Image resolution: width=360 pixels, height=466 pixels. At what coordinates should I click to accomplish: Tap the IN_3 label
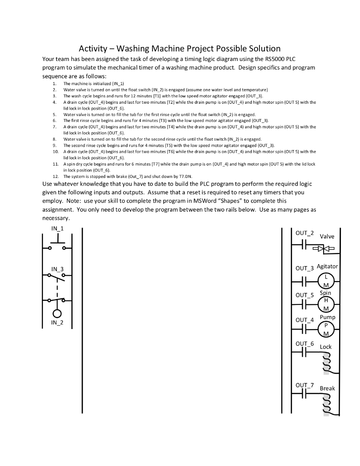[x=57, y=269]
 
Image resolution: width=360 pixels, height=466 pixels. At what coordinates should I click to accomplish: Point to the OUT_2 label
[x=304, y=233]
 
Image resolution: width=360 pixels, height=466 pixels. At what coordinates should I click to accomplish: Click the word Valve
[x=327, y=237]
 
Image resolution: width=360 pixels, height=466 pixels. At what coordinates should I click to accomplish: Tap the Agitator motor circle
[x=326, y=282]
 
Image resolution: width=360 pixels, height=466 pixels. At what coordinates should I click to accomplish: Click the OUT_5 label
[x=304, y=295]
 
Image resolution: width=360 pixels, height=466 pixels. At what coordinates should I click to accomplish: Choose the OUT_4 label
[x=304, y=320]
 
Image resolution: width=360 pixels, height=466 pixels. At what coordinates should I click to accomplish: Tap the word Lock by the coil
[x=326, y=347]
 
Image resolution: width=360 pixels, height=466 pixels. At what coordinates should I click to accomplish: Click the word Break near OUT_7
[x=327, y=388]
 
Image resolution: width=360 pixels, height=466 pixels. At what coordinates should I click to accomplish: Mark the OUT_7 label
[x=304, y=385]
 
